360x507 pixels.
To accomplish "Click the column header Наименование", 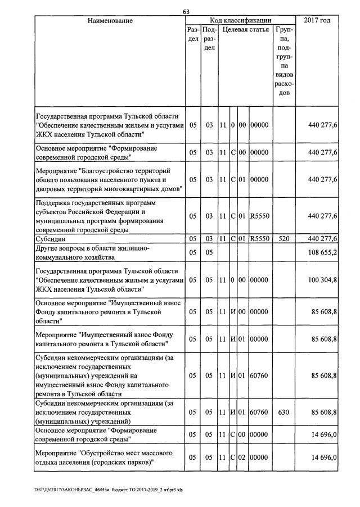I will (x=110, y=21).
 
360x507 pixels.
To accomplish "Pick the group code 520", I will (x=283, y=239).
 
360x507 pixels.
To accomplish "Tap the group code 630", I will (x=283, y=413).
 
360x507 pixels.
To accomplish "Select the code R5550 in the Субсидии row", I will (x=260, y=239).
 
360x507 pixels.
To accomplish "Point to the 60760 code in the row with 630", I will (x=260, y=413).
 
